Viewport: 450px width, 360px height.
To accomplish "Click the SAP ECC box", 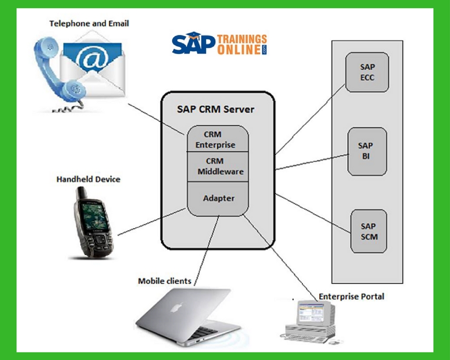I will (x=367, y=72).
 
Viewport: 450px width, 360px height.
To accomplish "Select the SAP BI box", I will (x=366, y=151).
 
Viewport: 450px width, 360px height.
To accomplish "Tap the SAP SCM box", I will (x=368, y=231).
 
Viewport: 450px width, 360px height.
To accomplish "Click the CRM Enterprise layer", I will (x=217, y=139).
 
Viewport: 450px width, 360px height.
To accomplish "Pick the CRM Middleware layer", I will (x=217, y=166).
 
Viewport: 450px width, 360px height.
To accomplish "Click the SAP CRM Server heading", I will (x=216, y=109).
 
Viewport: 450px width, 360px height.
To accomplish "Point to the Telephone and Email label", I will (x=89, y=23).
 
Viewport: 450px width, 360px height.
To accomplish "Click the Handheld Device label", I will (x=88, y=180).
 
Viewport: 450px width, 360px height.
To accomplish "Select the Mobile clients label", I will (x=164, y=281).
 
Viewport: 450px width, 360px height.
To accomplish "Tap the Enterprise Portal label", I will (x=351, y=296).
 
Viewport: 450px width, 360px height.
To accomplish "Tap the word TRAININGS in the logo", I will (x=241, y=39).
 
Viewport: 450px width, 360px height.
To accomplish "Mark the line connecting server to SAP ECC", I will (x=310, y=119).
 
